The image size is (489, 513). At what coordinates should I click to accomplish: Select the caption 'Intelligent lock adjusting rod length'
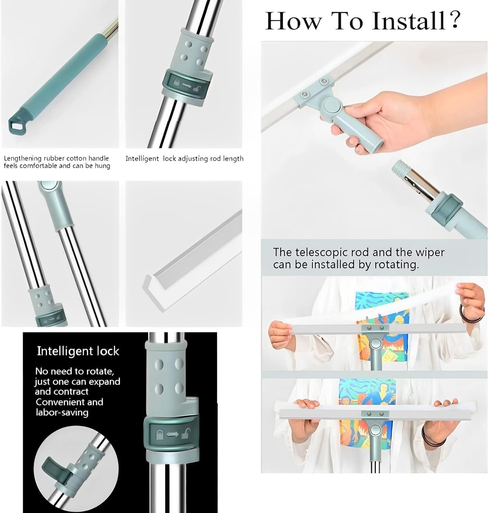[x=184, y=159]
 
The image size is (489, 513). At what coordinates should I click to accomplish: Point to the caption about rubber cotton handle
[x=57, y=162]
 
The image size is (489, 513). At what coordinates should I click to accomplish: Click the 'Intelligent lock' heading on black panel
[x=78, y=351]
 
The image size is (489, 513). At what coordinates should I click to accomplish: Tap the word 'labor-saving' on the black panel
[x=62, y=412]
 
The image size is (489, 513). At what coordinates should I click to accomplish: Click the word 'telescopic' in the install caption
[x=325, y=252]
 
